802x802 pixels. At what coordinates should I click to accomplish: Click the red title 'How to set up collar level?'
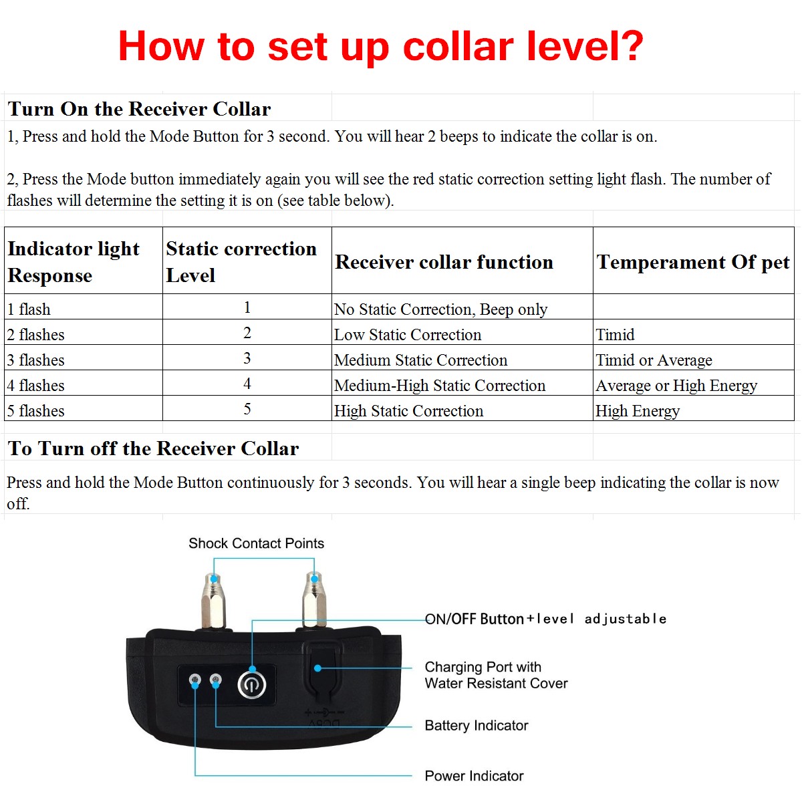pyautogui.click(x=380, y=47)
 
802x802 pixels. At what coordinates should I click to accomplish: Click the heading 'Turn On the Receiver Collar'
pyautogui.click(x=139, y=109)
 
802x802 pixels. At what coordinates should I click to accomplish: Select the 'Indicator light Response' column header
pyautogui.click(x=74, y=261)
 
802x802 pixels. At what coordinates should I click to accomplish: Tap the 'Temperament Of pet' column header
pyautogui.click(x=693, y=262)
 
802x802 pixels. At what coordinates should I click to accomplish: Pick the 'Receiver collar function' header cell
pyautogui.click(x=444, y=262)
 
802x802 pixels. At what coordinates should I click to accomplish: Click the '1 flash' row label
pyautogui.click(x=29, y=309)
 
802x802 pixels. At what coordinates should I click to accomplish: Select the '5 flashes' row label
pyautogui.click(x=36, y=410)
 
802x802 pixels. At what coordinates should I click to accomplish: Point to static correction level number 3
pyautogui.click(x=247, y=358)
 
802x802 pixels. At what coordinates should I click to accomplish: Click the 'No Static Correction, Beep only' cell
pyautogui.click(x=440, y=309)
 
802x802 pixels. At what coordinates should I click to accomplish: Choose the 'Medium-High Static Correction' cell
pyautogui.click(x=440, y=385)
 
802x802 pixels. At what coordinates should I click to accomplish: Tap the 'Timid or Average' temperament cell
pyautogui.click(x=654, y=360)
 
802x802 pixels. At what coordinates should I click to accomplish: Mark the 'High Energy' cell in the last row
pyautogui.click(x=638, y=410)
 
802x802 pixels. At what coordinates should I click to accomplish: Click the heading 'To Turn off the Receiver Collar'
pyautogui.click(x=153, y=448)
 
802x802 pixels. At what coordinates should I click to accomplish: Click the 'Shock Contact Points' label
pyautogui.click(x=256, y=543)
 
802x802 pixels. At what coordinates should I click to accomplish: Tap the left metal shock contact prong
pyautogui.click(x=214, y=601)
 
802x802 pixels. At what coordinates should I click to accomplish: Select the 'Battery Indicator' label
pyautogui.click(x=477, y=725)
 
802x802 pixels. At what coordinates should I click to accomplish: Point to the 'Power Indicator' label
pyautogui.click(x=474, y=776)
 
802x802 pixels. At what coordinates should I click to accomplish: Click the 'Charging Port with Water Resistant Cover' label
pyautogui.click(x=496, y=675)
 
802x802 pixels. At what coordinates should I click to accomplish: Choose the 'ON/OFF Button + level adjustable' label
pyautogui.click(x=545, y=619)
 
